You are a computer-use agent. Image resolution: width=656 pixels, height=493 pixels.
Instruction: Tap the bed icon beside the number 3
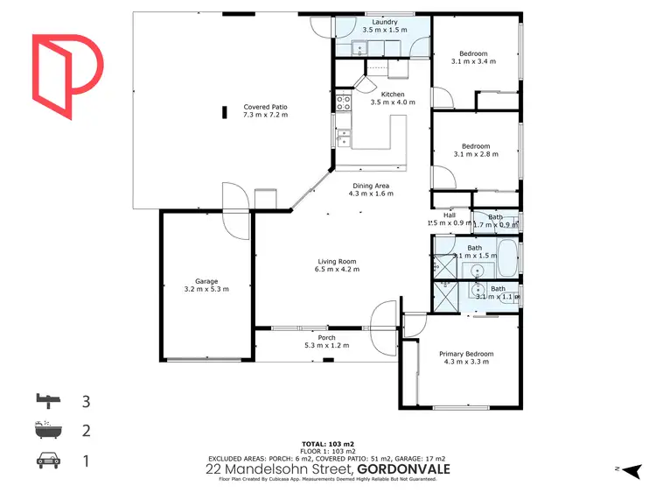(x=49, y=402)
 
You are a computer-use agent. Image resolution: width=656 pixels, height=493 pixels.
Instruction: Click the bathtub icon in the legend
(x=49, y=430)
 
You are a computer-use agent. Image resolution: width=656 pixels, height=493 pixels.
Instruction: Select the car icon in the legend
(x=49, y=458)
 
